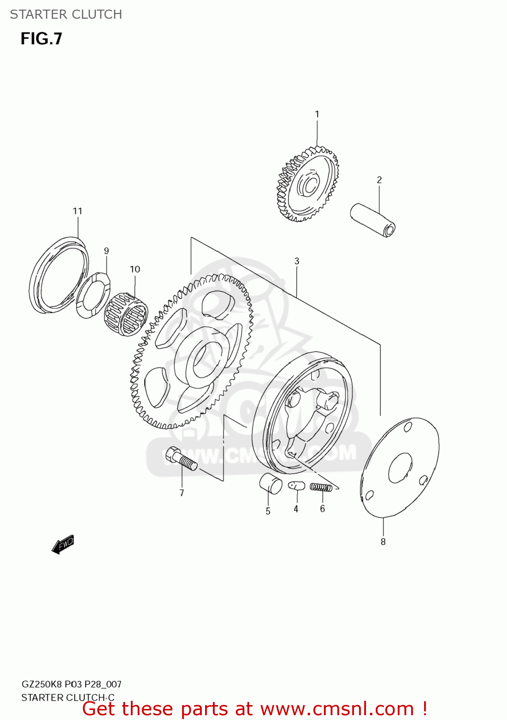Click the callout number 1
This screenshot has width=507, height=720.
coord(317,114)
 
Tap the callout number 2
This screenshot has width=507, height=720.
coord(379,180)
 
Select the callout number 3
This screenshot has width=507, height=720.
coord(297,261)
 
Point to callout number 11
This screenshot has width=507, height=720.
coord(78,211)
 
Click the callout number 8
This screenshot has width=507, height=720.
coord(383,541)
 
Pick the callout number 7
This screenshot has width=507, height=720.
coord(182,492)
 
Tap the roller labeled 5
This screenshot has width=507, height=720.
coord(271,483)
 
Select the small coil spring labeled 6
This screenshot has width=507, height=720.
coord(321,487)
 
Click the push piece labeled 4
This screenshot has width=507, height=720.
coord(297,486)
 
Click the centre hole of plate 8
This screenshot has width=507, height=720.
coord(400,468)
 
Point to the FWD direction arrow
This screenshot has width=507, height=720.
coord(63,544)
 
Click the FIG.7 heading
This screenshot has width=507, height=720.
coord(41,38)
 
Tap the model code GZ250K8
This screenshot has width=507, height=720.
coord(42,684)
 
